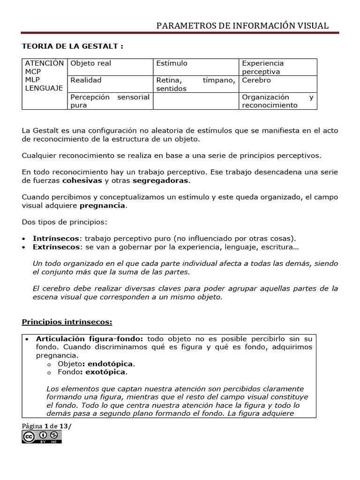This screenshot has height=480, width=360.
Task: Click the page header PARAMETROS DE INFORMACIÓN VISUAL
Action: tap(242, 26)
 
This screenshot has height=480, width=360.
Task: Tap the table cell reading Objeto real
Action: tap(91, 63)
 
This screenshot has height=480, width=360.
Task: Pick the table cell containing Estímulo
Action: tap(172, 63)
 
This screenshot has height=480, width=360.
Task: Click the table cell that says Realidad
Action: tap(86, 80)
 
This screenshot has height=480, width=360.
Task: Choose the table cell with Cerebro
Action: tap(256, 80)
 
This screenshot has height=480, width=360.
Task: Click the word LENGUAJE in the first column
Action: tap(44, 88)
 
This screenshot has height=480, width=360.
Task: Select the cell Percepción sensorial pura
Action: tap(110, 101)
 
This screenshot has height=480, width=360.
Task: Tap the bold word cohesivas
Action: tap(82, 180)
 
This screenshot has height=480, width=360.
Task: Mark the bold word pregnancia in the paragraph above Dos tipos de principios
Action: tap(102, 205)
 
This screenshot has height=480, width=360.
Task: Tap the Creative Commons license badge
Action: tap(42, 437)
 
